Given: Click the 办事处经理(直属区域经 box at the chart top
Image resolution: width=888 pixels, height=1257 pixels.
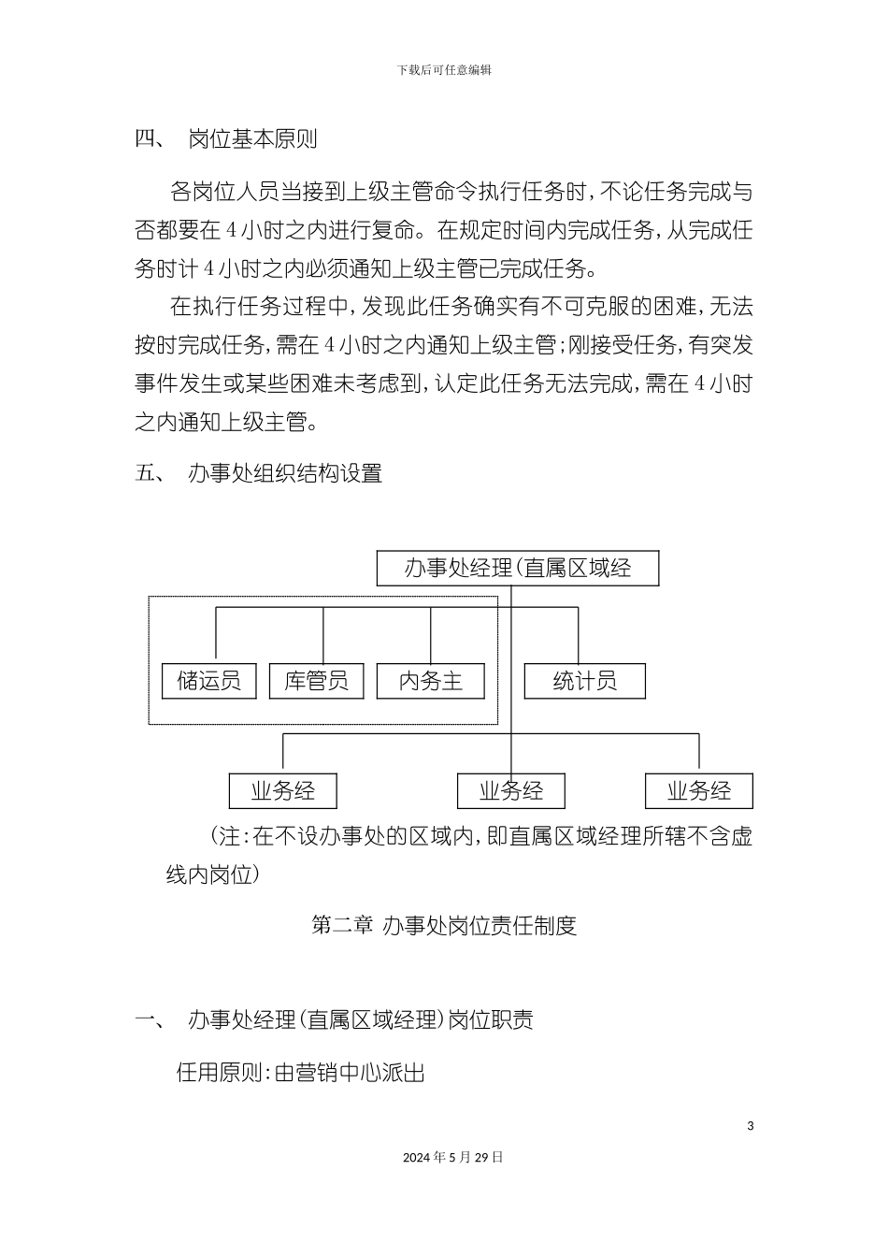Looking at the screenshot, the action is coord(517,569).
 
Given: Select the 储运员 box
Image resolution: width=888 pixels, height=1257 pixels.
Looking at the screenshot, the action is coord(209,681).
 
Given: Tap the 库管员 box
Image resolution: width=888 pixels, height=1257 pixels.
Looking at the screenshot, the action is coord(317,681).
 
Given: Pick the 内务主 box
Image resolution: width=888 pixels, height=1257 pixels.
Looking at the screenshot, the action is coord(431,681).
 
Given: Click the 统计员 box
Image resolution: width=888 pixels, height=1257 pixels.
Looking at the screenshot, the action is coord(585,681).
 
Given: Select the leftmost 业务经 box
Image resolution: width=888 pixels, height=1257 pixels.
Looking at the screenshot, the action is coord(282,791).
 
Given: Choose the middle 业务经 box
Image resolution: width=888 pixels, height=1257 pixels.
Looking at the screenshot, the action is coord(511,791).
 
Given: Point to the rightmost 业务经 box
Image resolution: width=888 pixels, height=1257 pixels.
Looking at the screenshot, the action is coord(699,791).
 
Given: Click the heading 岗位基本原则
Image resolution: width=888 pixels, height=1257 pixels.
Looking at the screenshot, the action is coord(253,139).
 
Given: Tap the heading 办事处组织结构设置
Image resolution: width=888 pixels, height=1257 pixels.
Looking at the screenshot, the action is coord(285,473).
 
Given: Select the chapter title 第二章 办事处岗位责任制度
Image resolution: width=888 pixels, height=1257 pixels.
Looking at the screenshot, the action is coord(443,926).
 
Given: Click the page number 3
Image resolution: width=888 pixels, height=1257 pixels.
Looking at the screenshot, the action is coord(751,1125).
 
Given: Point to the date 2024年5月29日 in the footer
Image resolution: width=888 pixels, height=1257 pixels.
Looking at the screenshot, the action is coord(453,1157).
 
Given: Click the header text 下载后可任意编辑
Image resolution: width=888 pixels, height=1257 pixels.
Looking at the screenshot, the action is coord(444,69).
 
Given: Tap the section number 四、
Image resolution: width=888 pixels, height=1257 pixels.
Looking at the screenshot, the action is coord(150,139).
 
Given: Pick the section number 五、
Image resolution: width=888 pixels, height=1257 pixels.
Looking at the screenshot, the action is coord(150,473).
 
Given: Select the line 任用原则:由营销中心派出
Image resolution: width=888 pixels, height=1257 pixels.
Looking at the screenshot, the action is coord(301,1073).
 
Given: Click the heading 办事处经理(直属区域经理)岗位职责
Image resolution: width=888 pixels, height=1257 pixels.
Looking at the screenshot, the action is coord(361,1019).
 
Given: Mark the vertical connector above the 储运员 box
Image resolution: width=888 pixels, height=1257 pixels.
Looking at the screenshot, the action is coord(216,634).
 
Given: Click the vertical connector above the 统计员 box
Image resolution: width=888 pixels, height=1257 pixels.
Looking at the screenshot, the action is coord(579,634).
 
